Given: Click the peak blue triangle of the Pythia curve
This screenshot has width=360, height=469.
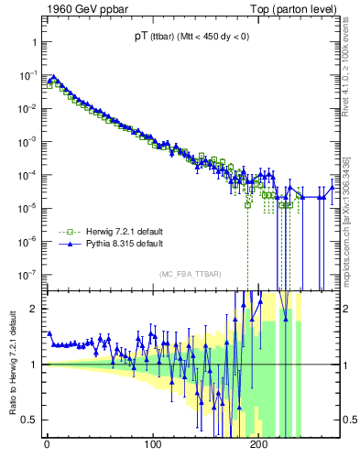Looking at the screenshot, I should [x=53, y=78].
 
